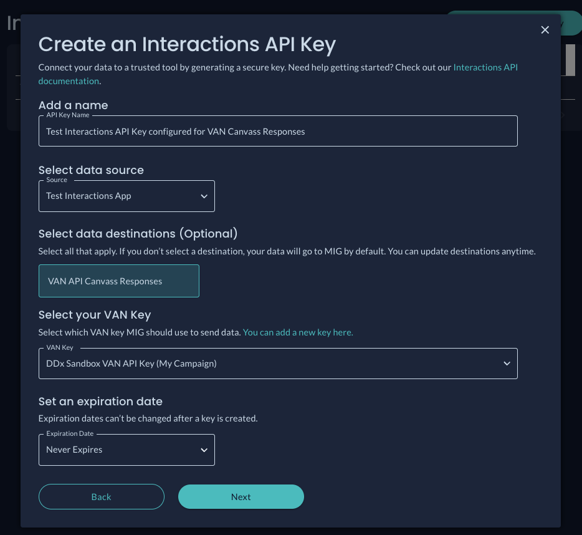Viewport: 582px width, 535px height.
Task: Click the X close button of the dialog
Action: [545, 30]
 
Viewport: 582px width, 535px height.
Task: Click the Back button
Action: [102, 497]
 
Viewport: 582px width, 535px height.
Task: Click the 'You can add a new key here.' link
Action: [298, 332]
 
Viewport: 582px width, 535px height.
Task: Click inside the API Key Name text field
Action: [278, 131]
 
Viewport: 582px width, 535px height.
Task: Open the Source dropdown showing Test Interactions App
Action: [126, 196]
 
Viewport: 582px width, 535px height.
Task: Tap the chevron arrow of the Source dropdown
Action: [204, 196]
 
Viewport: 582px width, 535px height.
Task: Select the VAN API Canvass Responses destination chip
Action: [119, 281]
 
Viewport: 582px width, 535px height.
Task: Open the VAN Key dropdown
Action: [278, 364]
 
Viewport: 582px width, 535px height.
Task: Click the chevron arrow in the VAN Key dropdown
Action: [507, 364]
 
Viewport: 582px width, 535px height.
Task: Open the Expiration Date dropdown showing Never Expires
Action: [126, 450]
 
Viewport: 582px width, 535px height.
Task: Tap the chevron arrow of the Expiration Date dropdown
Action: [204, 450]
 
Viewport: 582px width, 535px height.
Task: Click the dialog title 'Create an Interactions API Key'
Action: [187, 45]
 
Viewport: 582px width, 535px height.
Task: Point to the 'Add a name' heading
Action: [73, 105]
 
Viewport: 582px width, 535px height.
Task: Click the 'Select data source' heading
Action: [91, 170]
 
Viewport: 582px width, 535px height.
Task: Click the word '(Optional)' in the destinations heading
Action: [209, 234]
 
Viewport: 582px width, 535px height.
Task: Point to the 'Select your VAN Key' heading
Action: [95, 315]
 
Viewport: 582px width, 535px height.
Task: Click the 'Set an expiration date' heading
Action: [100, 402]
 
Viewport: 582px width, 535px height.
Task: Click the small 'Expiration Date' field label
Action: [70, 433]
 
